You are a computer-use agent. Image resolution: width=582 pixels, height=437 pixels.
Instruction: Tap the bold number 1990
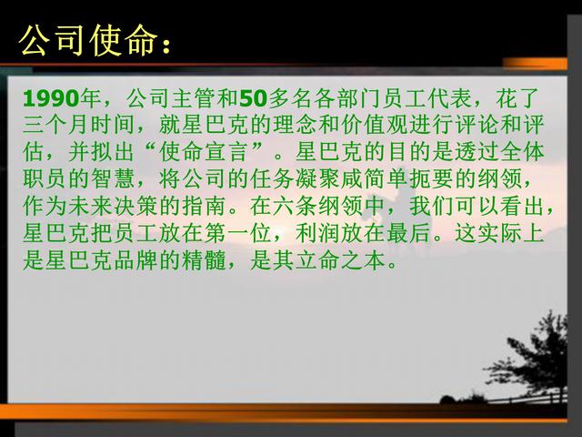tap(51, 98)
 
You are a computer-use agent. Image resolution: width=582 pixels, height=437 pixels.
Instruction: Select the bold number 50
tap(254, 98)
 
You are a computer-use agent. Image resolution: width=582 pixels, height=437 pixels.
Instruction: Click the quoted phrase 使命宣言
tap(205, 152)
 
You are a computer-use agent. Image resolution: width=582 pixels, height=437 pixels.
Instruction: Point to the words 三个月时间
tap(79, 125)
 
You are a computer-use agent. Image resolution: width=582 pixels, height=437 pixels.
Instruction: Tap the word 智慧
tap(113, 178)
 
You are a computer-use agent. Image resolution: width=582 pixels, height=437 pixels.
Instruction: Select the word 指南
tap(204, 207)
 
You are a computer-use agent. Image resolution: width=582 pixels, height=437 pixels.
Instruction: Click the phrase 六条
tap(295, 207)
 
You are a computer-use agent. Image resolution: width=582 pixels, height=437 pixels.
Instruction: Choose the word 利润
tap(317, 233)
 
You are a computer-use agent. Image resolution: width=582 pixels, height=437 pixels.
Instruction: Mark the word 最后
tap(408, 233)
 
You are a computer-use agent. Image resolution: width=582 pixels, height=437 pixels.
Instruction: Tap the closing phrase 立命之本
tap(341, 260)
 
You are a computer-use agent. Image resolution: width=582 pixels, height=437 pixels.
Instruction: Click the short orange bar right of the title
tap(535, 63)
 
